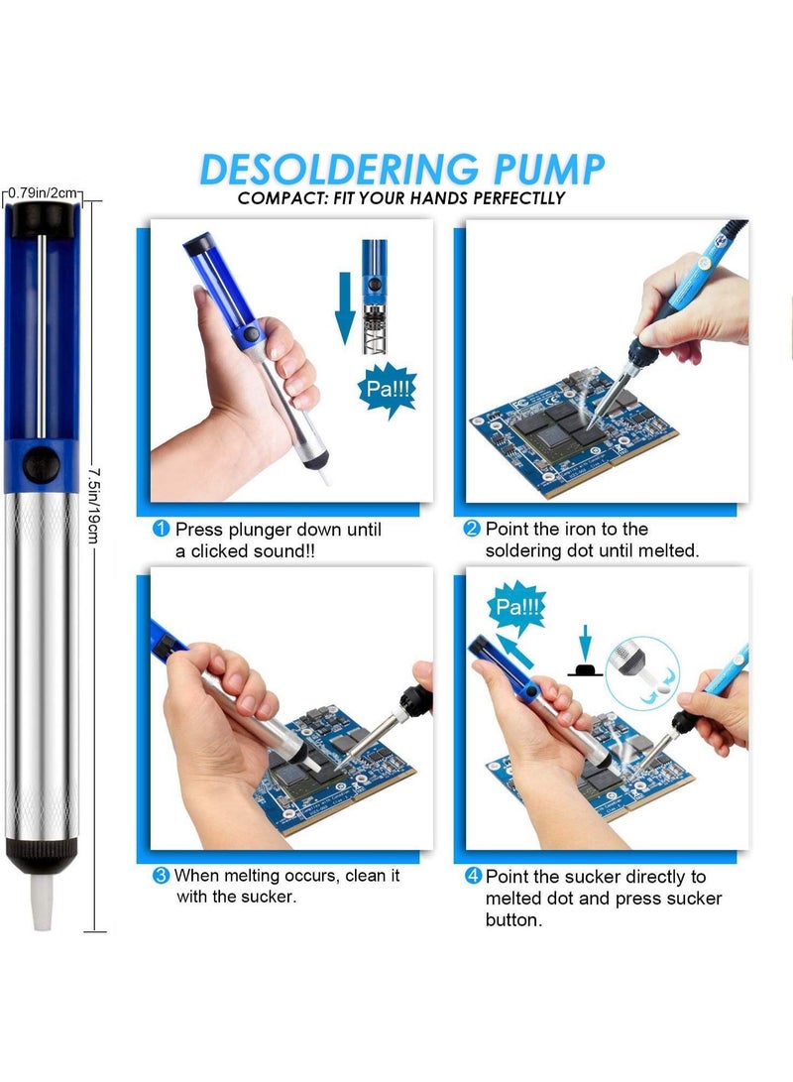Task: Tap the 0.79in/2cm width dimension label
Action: [42, 192]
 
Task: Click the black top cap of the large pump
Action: [42, 220]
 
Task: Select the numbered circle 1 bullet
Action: [161, 530]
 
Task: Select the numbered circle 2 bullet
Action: [472, 530]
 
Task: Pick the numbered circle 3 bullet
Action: [161, 876]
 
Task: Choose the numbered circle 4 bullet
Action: [472, 877]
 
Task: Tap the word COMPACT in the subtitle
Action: [280, 198]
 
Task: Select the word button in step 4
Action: [514, 920]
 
